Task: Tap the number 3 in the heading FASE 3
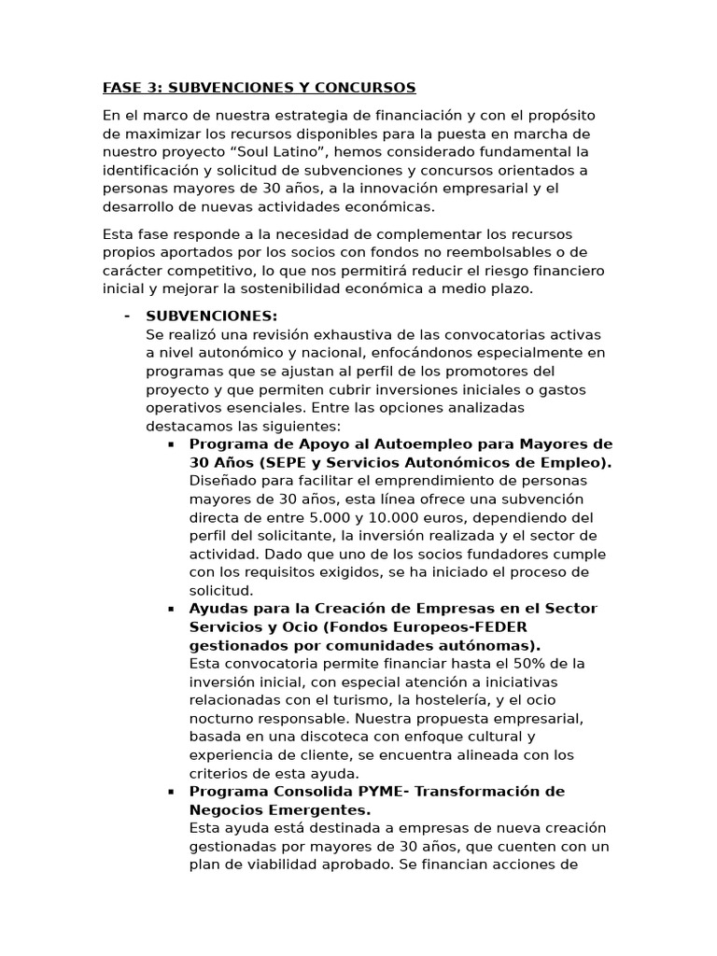[x=149, y=88]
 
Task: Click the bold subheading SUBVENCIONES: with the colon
[x=211, y=316]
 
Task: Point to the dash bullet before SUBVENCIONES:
[x=126, y=316]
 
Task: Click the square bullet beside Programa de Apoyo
[x=171, y=444]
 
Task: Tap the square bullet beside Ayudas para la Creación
[x=171, y=609]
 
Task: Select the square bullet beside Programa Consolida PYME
[x=171, y=792]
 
